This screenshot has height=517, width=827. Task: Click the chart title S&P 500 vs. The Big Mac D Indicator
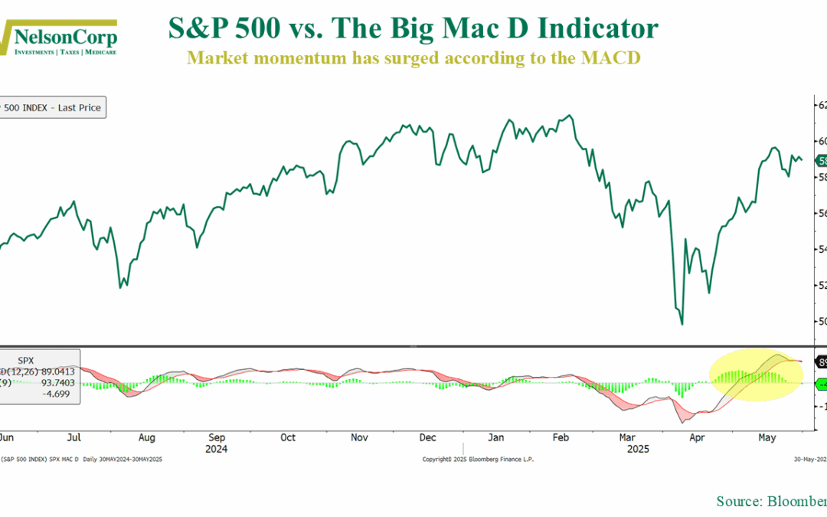pos(413,29)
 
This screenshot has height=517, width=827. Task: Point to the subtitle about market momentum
pos(413,58)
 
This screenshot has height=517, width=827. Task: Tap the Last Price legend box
pos(51,108)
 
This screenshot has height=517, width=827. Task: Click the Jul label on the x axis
pos(75,437)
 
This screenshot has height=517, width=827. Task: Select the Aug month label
pos(147,437)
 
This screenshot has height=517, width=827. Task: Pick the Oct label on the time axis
pos(288,437)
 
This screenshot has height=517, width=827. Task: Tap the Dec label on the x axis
pos(428,437)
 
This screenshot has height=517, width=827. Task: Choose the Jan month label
pos(496,437)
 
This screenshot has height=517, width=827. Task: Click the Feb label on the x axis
pos(561,437)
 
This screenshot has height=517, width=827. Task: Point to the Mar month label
pos(628,437)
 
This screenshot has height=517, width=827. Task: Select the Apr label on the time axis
pos(697,437)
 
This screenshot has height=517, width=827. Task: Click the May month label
pos(767,437)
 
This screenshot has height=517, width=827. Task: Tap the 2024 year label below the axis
pos(217,449)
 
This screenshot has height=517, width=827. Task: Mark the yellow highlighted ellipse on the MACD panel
pos(757,375)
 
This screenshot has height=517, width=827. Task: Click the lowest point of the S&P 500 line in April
pos(682,325)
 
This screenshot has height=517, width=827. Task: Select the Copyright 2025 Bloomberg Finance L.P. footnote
pos(478,460)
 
